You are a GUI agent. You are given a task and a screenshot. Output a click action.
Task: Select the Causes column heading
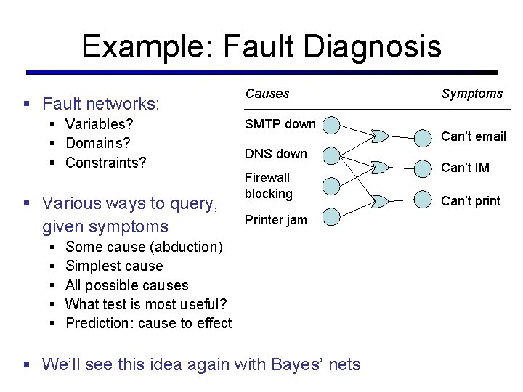pyautogui.click(x=267, y=94)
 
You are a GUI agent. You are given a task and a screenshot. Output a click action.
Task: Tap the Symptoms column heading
pyautogui.click(x=471, y=94)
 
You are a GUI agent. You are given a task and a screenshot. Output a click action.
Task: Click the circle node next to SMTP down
pyautogui.click(x=331, y=126)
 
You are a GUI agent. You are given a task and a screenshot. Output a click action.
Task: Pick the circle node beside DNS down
pyautogui.click(x=331, y=155)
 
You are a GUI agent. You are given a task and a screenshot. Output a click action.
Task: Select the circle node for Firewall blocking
pyautogui.click(x=331, y=186)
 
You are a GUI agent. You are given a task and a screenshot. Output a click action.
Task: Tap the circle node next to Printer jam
pyautogui.click(x=331, y=216)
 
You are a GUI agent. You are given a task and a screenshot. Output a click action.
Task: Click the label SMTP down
pyautogui.click(x=280, y=124)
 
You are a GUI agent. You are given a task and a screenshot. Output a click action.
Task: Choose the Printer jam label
pyautogui.click(x=275, y=220)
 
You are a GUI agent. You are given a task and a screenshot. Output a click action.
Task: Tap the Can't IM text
pyautogui.click(x=465, y=168)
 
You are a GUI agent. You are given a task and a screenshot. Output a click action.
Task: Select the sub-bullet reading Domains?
pyautogui.click(x=98, y=143)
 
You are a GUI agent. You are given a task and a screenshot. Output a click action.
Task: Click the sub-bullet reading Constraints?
pyautogui.click(x=105, y=163)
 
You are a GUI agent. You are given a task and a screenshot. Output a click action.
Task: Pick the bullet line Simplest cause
pyautogui.click(x=114, y=266)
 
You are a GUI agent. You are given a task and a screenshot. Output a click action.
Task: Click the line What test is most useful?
pyautogui.click(x=146, y=304)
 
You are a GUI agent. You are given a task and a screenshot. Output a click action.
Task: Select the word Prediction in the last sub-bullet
pyautogui.click(x=95, y=323)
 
